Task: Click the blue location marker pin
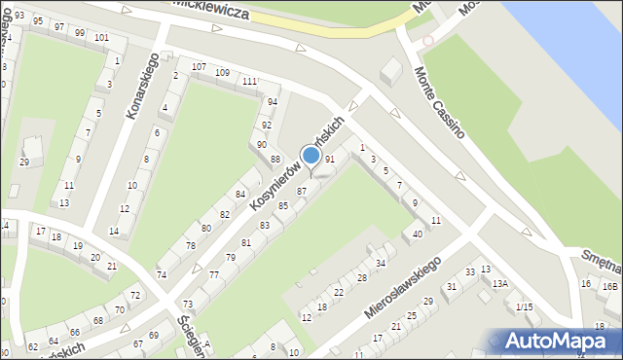pyautogui.click(x=311, y=156)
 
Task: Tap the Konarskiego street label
pyautogui.click(x=142, y=87)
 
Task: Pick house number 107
pyautogui.click(x=199, y=66)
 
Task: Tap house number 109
pyautogui.click(x=222, y=73)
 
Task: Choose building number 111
pyautogui.click(x=249, y=81)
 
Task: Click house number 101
pyautogui.click(x=101, y=38)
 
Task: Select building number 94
pyautogui.click(x=273, y=101)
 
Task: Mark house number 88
pyautogui.click(x=275, y=159)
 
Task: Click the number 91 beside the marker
pyautogui.click(x=330, y=159)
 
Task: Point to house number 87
pyautogui.click(x=302, y=191)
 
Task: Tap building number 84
pyautogui.click(x=238, y=198)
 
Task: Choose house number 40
pyautogui.click(x=418, y=234)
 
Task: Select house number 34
pyautogui.click(x=381, y=263)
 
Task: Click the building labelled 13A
pyautogui.click(x=499, y=284)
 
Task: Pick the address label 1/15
pyautogui.click(x=525, y=307)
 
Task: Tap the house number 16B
pyautogui.click(x=609, y=286)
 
